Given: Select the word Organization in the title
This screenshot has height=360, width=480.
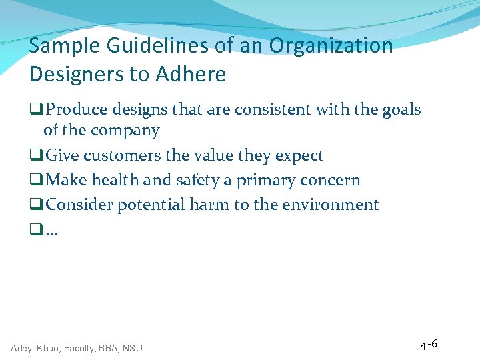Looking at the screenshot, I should click(x=331, y=47).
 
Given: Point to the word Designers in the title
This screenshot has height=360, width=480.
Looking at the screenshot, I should click(x=79, y=75).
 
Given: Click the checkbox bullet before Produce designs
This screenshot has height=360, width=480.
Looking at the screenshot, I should click(x=35, y=109).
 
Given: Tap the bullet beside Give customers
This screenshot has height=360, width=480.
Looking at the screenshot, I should click(x=35, y=156).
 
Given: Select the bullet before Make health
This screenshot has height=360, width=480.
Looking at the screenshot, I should click(x=35, y=181).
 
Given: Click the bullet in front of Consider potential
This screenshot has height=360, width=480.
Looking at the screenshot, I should click(x=35, y=205).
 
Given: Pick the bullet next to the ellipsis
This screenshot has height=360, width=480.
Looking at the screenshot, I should click(x=35, y=230).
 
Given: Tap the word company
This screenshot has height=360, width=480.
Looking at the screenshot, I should click(x=126, y=131).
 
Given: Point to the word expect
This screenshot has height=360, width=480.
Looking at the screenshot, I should click(x=299, y=156).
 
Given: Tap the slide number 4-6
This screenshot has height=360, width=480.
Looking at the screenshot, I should click(x=429, y=345).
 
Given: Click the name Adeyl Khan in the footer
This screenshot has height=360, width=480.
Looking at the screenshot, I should click(x=35, y=348).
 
